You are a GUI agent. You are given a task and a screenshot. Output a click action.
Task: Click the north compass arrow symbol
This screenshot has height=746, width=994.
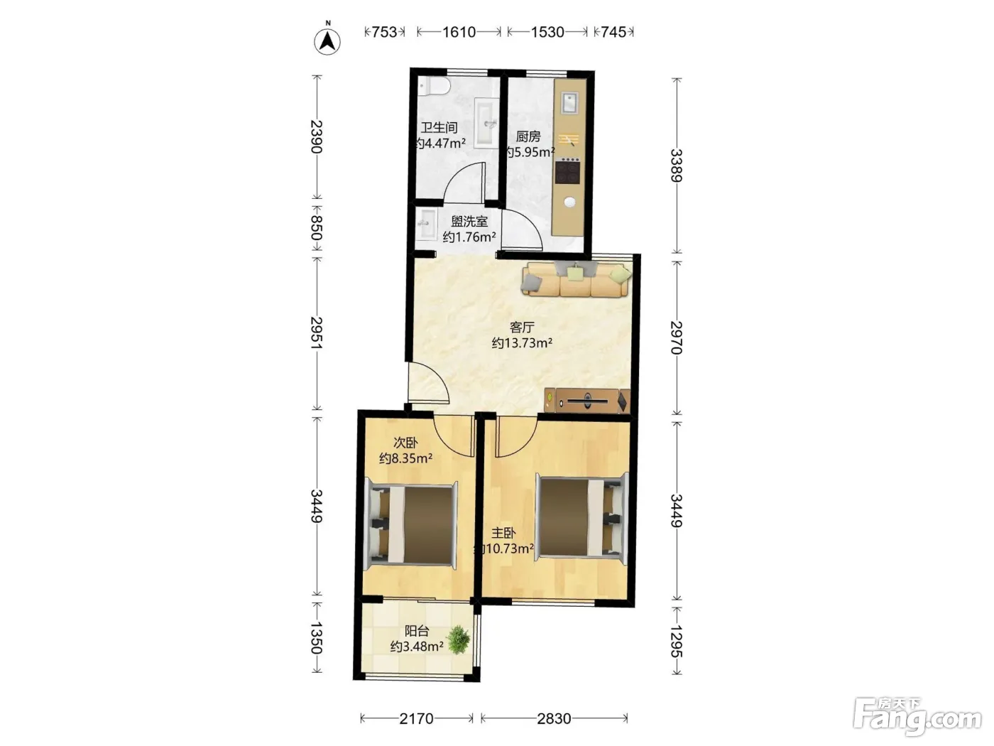tap(327, 41)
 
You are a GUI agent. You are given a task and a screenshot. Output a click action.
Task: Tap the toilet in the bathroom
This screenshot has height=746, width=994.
tap(433, 85)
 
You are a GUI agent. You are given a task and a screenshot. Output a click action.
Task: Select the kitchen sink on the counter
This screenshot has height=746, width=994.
tap(569, 102)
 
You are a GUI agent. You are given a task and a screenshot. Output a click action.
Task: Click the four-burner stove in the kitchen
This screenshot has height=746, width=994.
tap(568, 171)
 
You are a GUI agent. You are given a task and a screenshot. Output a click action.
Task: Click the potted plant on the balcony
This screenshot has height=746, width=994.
tap(458, 639)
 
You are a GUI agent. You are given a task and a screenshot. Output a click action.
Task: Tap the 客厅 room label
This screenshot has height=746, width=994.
tap(522, 327)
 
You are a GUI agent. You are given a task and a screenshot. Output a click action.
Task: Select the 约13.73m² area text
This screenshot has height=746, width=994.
tap(522, 343)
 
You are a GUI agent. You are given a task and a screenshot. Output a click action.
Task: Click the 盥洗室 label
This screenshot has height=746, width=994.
tap(469, 221)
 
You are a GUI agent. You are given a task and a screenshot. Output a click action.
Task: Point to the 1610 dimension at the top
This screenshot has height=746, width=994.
tap(459, 32)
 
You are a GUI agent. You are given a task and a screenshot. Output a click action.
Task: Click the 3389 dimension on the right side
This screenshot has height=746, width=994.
tap(676, 166)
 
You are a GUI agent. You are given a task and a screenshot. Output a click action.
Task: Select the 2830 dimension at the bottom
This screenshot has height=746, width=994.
tap(554, 718)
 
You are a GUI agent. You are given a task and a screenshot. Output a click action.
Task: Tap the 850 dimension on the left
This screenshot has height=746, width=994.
tap(317, 228)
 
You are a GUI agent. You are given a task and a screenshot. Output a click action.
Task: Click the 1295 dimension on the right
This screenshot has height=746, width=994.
tap(676, 640)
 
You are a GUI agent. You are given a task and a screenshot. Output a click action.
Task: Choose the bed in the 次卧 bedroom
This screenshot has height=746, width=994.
tap(411, 525)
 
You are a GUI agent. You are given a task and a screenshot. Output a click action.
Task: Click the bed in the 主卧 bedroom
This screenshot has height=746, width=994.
tap(582, 516)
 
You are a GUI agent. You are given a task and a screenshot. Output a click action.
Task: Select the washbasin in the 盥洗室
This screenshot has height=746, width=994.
tap(426, 224)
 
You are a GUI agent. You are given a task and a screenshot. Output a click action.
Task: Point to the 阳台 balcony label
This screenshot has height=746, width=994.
tap(417, 630)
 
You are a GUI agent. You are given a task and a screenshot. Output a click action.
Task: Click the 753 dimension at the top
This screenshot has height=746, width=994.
tap(384, 32)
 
